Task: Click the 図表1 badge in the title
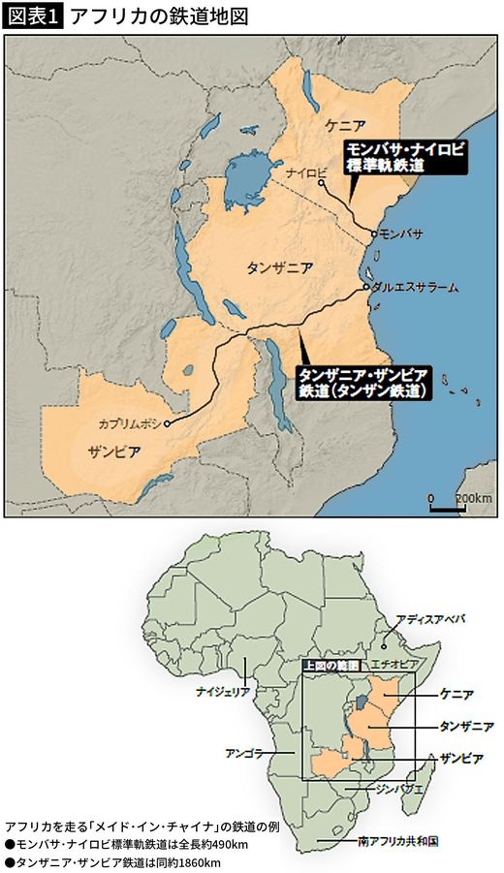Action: tap(34, 16)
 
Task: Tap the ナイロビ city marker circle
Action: tap(321, 182)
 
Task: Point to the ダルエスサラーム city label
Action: tap(414, 288)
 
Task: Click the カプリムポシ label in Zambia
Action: tap(130, 423)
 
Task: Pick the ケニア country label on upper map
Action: tap(346, 126)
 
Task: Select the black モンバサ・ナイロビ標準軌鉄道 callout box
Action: tap(405, 157)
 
